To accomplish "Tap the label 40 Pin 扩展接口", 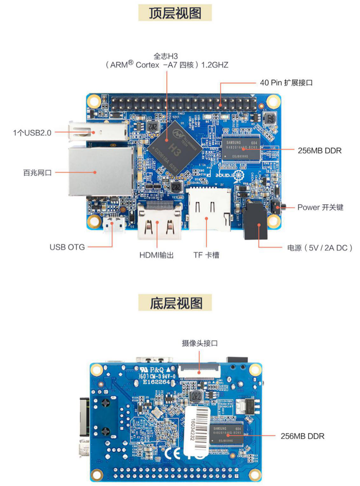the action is point(286,82).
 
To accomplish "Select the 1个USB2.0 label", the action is point(32,133).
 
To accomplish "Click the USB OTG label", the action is point(67,247).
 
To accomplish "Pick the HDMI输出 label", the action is point(156,255).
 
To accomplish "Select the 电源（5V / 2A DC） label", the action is point(319,247).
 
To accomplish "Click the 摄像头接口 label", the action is point(200,343).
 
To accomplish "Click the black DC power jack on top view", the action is point(256,221).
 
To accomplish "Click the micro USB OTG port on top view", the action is point(114,225).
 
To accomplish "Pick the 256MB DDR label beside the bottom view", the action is point(302,436).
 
